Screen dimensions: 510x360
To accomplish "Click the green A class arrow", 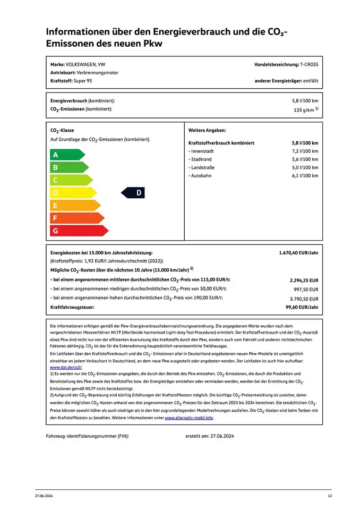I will point(67,155).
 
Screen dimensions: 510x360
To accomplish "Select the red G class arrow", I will point(79,231).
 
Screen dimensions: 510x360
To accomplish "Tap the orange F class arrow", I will point(76,218).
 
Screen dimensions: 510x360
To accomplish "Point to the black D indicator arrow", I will point(133,193).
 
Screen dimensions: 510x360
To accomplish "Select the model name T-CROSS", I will point(309,64).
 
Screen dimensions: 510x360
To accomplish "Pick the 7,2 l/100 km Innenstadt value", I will point(305,151).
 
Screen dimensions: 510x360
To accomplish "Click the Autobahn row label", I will point(201,175).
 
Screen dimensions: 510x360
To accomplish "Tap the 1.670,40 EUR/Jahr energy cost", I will point(298,253).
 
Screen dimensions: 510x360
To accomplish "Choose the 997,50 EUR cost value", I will point(306,290).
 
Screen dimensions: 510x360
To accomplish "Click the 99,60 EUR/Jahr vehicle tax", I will point(302,307).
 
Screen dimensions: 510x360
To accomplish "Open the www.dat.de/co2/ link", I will point(66,367).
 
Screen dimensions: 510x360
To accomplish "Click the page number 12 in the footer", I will point(329,496).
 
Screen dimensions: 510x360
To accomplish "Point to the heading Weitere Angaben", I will point(207,130).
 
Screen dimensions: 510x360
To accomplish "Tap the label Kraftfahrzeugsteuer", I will point(72,307).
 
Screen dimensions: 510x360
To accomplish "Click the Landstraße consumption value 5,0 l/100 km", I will point(305,167).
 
